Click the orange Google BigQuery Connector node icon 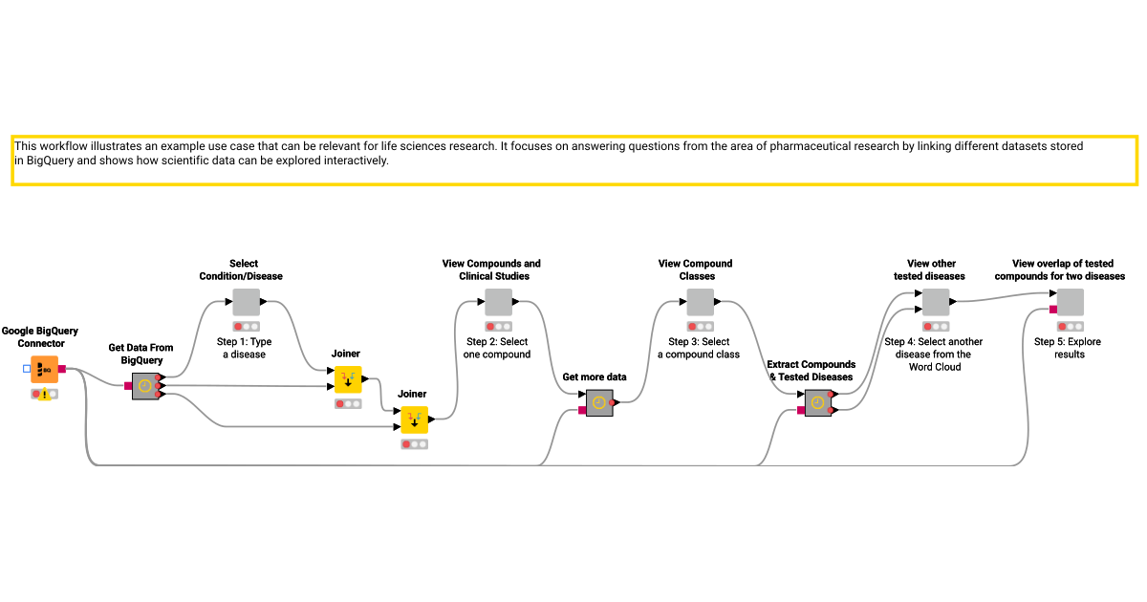pyautogui.click(x=44, y=369)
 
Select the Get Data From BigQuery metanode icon pyautogui.click(x=144, y=386)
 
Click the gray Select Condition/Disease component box pyautogui.click(x=246, y=303)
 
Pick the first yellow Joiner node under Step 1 pyautogui.click(x=347, y=379)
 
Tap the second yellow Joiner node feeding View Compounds pyautogui.click(x=414, y=419)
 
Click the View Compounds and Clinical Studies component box pyautogui.click(x=498, y=303)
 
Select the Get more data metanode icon pyautogui.click(x=598, y=403)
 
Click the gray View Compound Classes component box pyautogui.click(x=700, y=303)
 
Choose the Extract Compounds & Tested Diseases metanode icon pyautogui.click(x=817, y=403)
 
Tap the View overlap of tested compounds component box pyautogui.click(x=1070, y=303)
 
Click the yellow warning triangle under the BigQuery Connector pyautogui.click(x=44, y=395)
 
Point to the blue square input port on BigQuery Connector pyautogui.click(x=27, y=369)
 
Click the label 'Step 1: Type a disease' pyautogui.click(x=245, y=348)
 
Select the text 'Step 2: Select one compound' pyautogui.click(x=497, y=348)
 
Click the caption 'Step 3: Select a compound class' pyautogui.click(x=699, y=348)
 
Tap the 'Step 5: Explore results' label pyautogui.click(x=1069, y=348)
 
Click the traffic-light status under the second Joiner pyautogui.click(x=414, y=444)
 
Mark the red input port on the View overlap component pyautogui.click(x=1052, y=309)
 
